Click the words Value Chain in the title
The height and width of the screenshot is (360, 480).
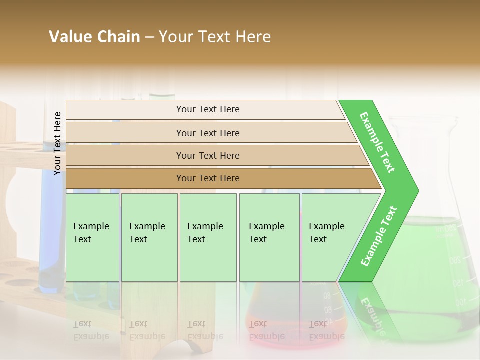(x=94, y=37)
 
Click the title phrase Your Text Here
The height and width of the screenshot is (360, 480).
(x=215, y=37)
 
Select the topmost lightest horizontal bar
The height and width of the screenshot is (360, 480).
(x=207, y=109)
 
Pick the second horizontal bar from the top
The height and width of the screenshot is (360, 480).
(x=207, y=133)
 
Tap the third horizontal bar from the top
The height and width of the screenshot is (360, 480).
(x=207, y=155)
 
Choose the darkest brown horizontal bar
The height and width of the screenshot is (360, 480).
(x=207, y=178)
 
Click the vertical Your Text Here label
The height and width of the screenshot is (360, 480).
(x=57, y=143)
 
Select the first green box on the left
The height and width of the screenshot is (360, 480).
(x=92, y=237)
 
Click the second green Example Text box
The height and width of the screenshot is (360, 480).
(x=149, y=237)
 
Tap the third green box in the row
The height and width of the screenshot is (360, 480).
(x=207, y=237)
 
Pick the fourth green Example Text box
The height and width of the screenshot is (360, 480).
(x=269, y=237)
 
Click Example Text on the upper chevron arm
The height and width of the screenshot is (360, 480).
(x=377, y=142)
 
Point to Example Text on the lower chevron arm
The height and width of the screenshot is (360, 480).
(x=379, y=236)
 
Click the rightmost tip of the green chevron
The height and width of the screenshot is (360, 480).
(x=417, y=190)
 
